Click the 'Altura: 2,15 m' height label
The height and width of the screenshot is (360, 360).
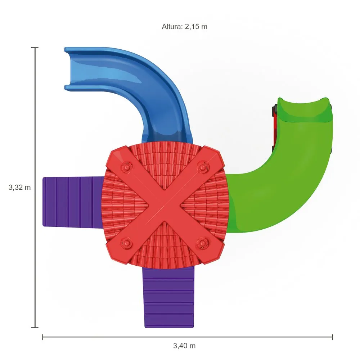(x=184, y=27)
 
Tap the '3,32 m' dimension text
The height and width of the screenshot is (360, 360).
(x=19, y=187)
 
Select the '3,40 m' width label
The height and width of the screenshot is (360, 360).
(x=184, y=346)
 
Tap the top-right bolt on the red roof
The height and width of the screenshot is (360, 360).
(x=202, y=167)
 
